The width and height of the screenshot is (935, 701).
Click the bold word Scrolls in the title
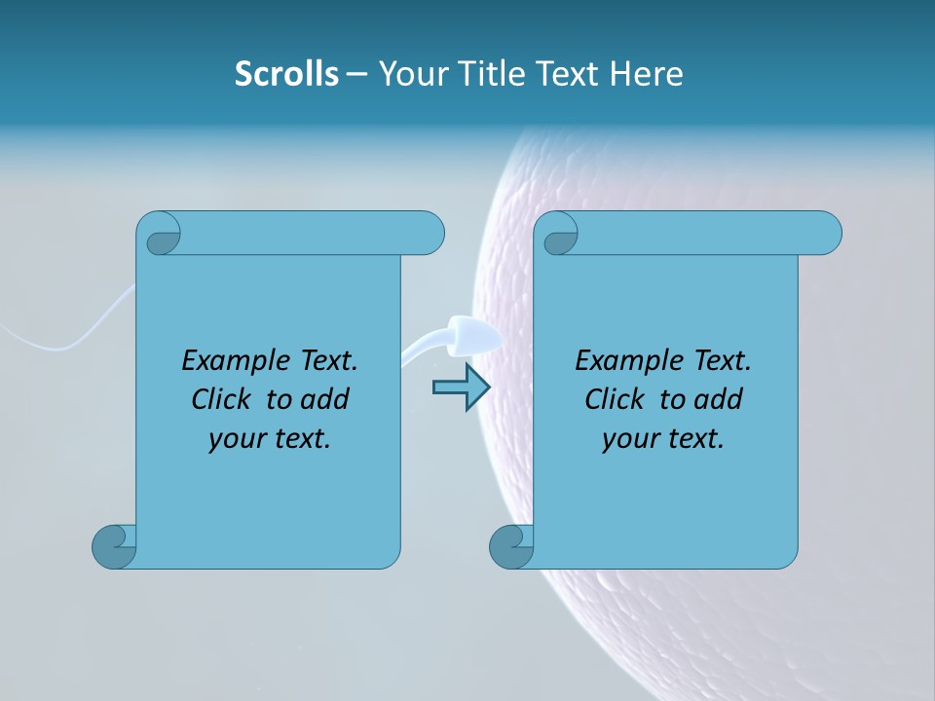(x=286, y=74)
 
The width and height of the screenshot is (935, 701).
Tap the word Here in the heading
(x=646, y=74)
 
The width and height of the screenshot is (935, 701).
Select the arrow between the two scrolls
(x=461, y=387)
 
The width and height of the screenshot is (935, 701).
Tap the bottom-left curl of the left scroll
(x=114, y=545)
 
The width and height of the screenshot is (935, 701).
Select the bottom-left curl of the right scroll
(x=511, y=545)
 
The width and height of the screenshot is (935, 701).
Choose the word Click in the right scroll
(x=614, y=400)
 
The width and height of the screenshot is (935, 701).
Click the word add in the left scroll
(x=325, y=400)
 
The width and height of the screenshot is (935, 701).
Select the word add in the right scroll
(x=719, y=400)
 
